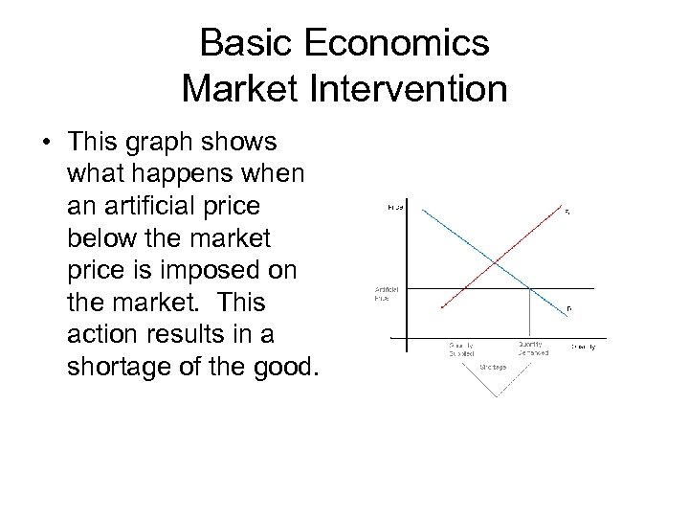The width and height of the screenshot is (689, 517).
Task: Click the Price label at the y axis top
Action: pos(395,206)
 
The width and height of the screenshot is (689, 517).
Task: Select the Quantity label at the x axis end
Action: pos(583,346)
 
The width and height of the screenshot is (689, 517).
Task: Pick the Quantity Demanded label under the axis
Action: pos(532,348)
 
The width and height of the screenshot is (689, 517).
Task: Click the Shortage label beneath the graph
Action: pos(494,365)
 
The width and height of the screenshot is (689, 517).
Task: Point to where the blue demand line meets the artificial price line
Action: pos(531,288)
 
